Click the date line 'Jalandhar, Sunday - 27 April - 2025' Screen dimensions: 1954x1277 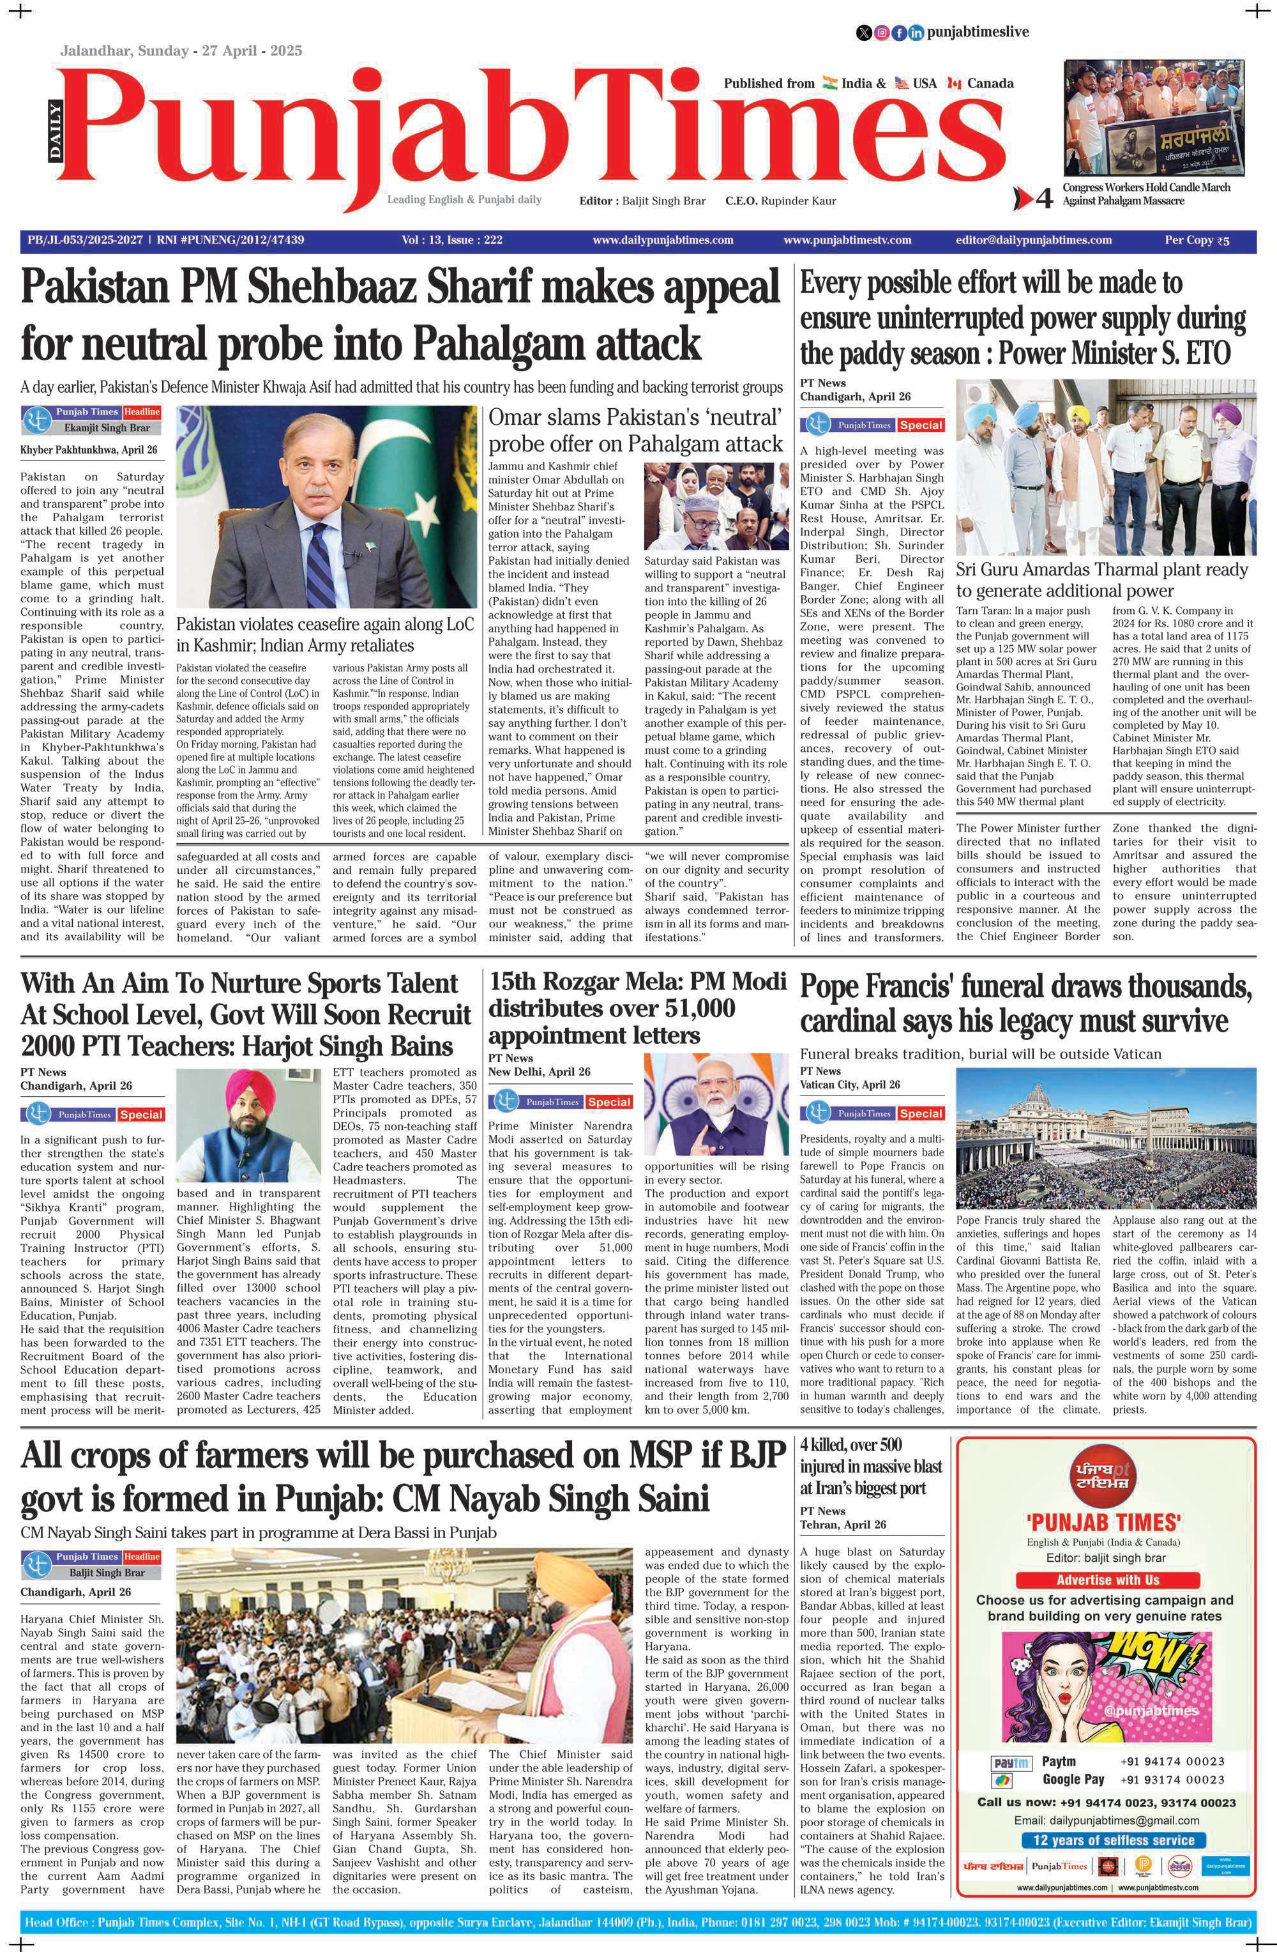[181, 51]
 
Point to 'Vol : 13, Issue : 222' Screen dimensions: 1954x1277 [451, 241]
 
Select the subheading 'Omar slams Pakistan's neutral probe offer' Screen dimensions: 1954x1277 [635, 430]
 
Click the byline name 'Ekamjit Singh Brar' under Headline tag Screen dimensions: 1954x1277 [107, 428]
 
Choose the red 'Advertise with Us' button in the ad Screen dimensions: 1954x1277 [1107, 1580]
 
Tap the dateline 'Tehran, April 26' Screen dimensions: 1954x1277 [843, 1525]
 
